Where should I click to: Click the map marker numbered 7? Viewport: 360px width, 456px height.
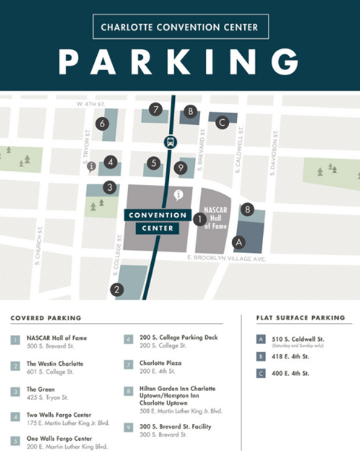click(x=156, y=110)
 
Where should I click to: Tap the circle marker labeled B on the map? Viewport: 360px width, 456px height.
click(x=190, y=111)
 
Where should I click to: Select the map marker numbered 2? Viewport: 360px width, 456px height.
click(x=116, y=289)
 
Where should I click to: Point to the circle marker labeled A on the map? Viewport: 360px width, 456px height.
click(x=239, y=242)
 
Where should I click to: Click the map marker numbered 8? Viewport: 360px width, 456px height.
click(x=246, y=210)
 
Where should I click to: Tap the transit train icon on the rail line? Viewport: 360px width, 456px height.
click(x=169, y=143)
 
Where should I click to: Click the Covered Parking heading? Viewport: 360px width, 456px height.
click(x=46, y=318)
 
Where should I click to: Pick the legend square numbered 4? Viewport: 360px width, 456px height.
click(x=15, y=417)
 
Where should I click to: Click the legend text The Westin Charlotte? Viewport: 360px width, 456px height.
click(x=55, y=363)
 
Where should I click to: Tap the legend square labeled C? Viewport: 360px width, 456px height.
click(x=260, y=374)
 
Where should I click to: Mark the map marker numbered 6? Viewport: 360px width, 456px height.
click(x=102, y=124)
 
